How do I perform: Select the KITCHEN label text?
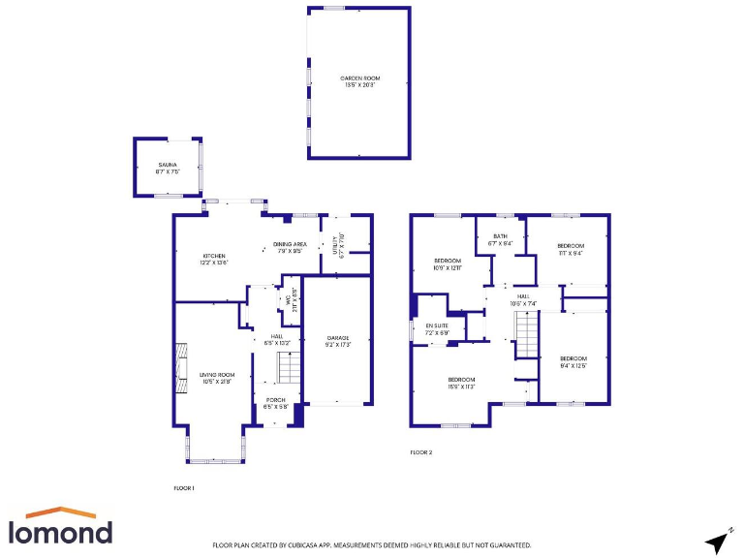pos(214,258)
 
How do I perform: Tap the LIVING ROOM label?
pos(217,377)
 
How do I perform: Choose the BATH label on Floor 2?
pos(500,238)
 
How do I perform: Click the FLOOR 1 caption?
pos(184,487)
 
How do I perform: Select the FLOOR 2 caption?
pos(421,452)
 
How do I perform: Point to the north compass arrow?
pos(718,540)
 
